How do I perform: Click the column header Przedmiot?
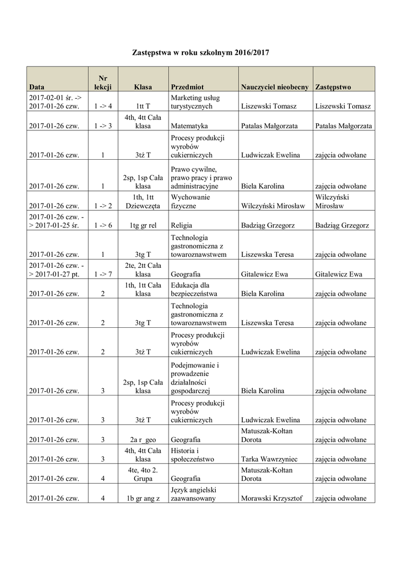click(x=187, y=87)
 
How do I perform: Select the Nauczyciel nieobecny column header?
click(x=274, y=87)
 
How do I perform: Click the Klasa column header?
click(x=143, y=87)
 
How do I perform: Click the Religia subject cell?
click(x=181, y=226)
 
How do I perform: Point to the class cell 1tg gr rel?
click(x=143, y=226)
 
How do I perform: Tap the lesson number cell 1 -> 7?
click(x=103, y=274)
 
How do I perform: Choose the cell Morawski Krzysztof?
click(x=272, y=498)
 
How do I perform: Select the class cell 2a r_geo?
click(x=143, y=440)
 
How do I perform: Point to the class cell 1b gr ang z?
click(x=143, y=498)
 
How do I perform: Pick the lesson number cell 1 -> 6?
click(x=103, y=226)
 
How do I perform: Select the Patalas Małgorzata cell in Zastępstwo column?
click(x=343, y=126)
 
